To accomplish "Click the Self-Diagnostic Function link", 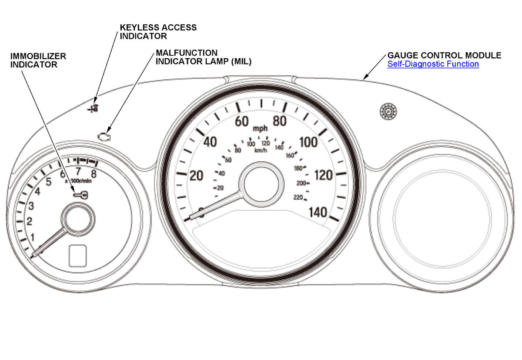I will pos(433,64).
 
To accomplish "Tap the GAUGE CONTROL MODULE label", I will pos(444,56).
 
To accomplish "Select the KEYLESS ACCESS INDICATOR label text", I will pos(158,31).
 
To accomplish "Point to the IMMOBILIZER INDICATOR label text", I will pos(39,60).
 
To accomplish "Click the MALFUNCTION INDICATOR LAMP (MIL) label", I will pos(204,57).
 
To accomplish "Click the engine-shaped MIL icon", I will pos(104,136).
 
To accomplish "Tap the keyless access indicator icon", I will pos(93,108).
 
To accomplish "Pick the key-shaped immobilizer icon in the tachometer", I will pos(81,195).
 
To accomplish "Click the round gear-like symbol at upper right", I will pos(386,111).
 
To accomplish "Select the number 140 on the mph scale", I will pos(318,213).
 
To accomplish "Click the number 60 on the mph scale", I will pos(241,121).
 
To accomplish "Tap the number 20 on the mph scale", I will pos(197,176).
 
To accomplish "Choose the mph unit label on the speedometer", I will pos(261,129).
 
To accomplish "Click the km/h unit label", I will pos(261,150).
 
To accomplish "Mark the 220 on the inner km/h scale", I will pos(298,198).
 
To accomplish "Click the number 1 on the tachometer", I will pos(32,237).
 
